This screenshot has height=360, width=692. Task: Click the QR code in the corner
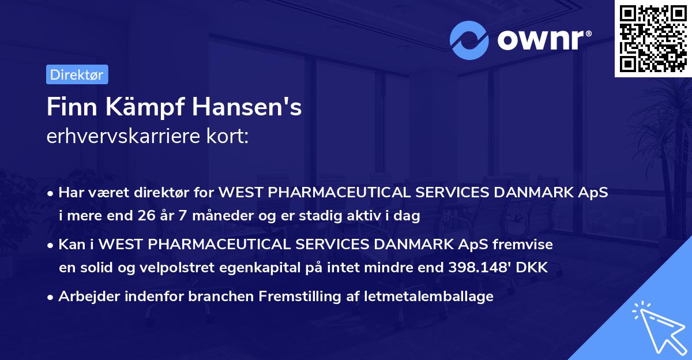click(x=653, y=38)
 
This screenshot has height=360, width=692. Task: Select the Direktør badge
click(x=77, y=74)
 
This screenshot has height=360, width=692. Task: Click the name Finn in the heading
click(x=68, y=107)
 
